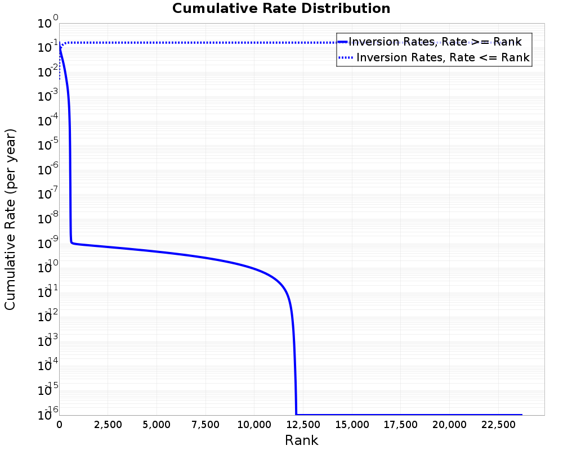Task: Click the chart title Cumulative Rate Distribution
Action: (281, 8)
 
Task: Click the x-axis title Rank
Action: (301, 440)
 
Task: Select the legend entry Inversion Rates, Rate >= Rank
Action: (435, 41)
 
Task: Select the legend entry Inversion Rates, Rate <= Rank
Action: (443, 57)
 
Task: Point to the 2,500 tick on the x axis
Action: (108, 425)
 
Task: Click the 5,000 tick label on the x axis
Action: (157, 425)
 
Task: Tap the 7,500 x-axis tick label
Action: (205, 425)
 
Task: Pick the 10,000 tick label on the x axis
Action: (253, 425)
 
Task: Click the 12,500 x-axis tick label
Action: (302, 425)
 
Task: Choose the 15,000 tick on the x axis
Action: (351, 425)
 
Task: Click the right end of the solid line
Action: (522, 415)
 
